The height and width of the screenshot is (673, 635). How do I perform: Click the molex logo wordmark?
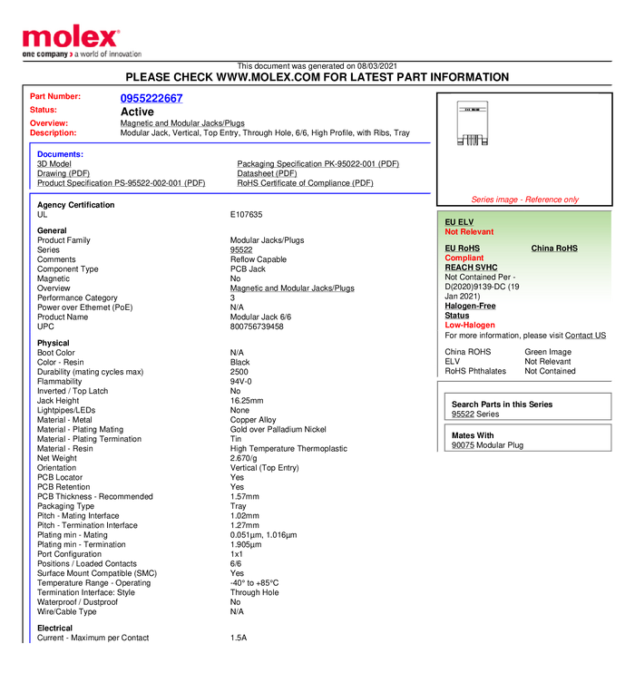pyautogui.click(x=71, y=37)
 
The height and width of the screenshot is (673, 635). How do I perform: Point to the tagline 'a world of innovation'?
pyautogui.click(x=108, y=54)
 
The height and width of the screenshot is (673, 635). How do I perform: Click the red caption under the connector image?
pyautogui.click(x=524, y=199)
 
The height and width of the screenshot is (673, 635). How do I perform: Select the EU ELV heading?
pyautogui.click(x=459, y=222)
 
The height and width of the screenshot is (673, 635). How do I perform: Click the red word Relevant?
pyautogui.click(x=478, y=232)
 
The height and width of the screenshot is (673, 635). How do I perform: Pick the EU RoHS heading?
pyautogui.click(x=462, y=249)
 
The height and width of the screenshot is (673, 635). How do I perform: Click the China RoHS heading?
pyautogui.click(x=554, y=249)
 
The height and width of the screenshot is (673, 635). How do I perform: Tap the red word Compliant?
pyautogui.click(x=464, y=258)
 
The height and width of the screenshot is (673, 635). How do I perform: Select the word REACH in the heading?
pyautogui.click(x=458, y=268)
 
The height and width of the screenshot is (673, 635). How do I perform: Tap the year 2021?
pyautogui.click(x=470, y=297)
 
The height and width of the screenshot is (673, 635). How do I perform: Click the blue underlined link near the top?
pyautogui.click(x=151, y=99)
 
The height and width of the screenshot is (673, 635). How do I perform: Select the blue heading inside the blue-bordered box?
pyautogui.click(x=60, y=154)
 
